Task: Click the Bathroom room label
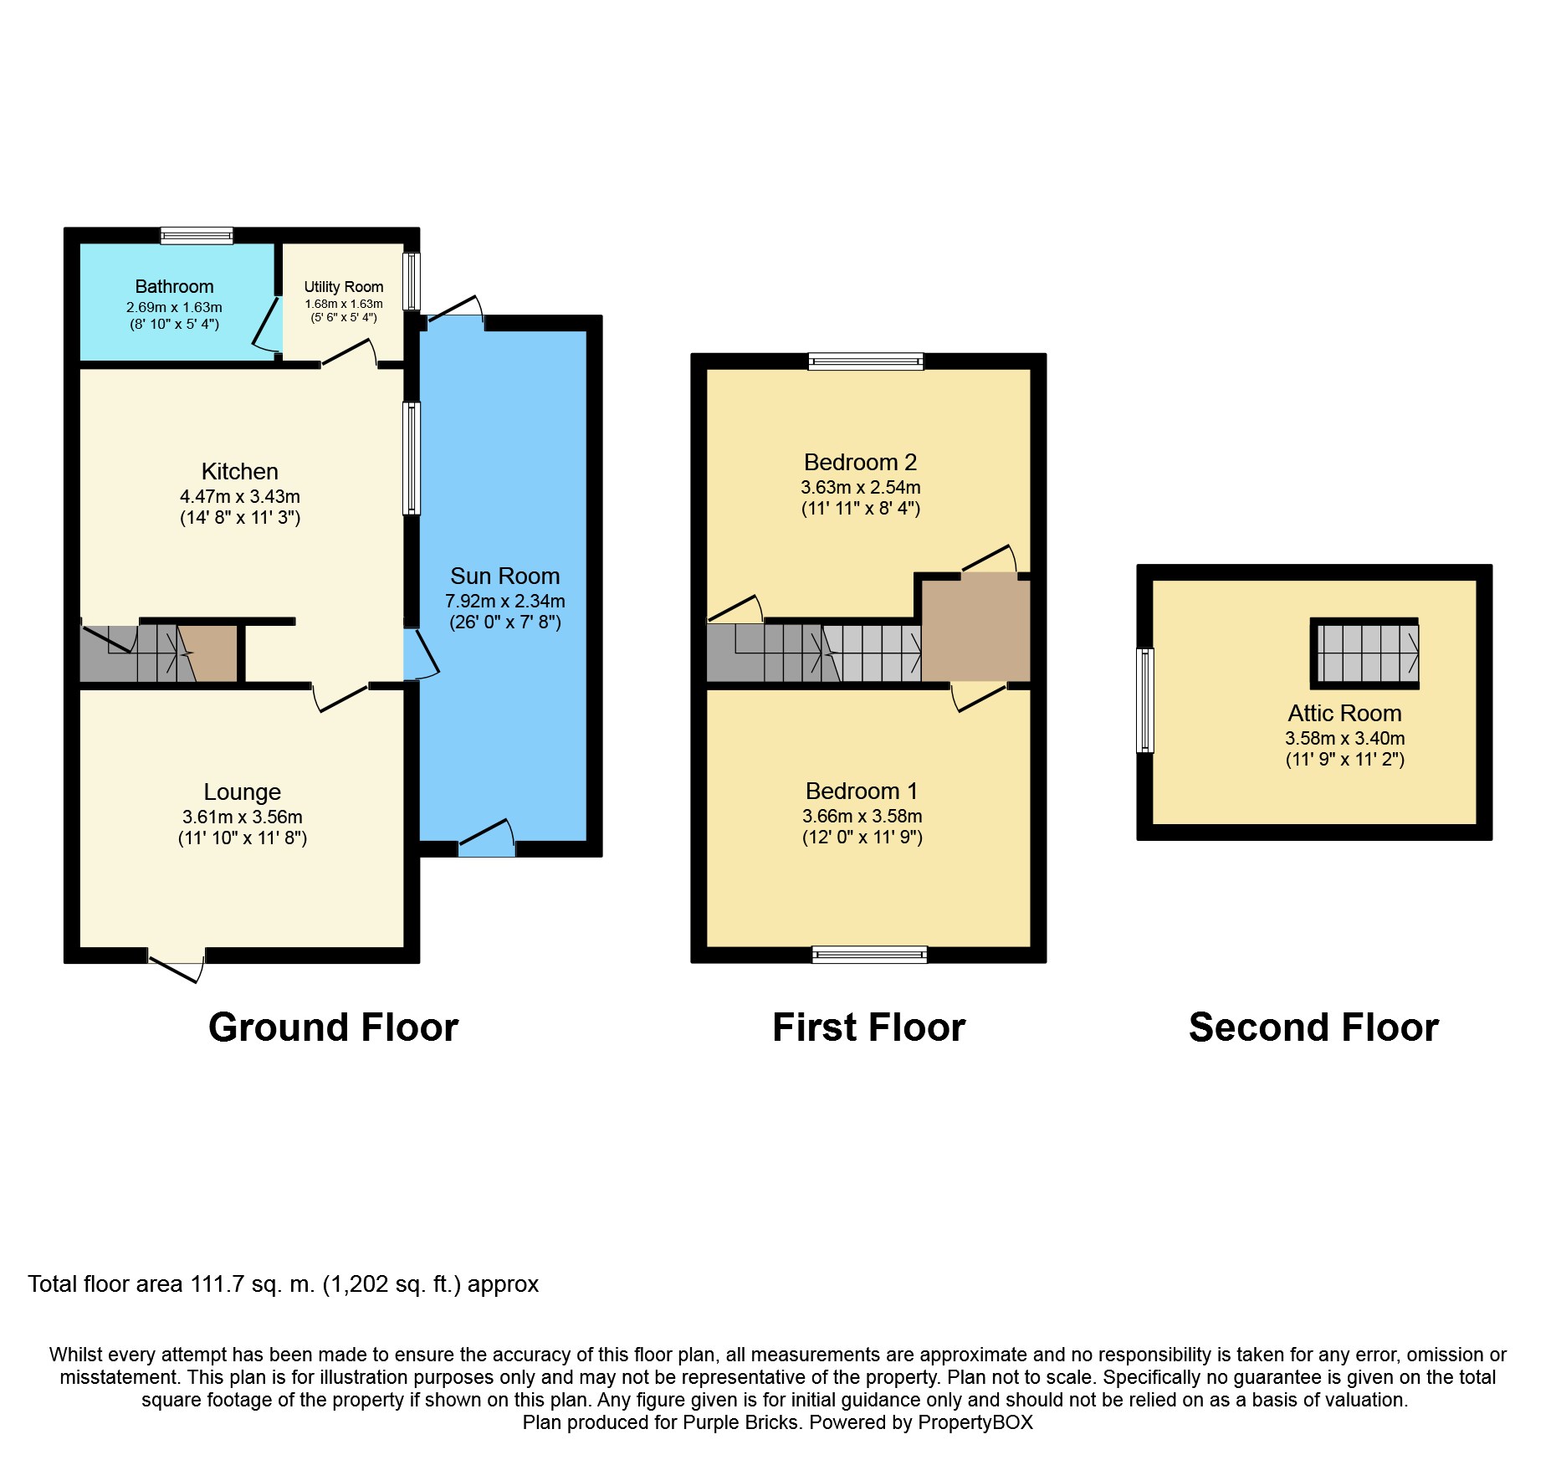[174, 287]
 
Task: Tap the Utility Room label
[344, 287]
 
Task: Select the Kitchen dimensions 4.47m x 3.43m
[240, 496]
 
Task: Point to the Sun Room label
[504, 576]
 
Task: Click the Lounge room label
[243, 791]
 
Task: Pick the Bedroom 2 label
[861, 462]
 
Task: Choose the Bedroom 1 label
[862, 791]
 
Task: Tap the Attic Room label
[1344, 713]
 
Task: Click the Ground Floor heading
[334, 1027]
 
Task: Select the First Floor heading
[869, 1027]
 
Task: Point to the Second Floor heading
[1313, 1027]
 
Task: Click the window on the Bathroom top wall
[197, 236]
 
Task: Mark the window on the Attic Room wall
[1145, 700]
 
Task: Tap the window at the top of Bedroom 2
[866, 361]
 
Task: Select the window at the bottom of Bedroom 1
[870, 955]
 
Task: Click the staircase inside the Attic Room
[1364, 653]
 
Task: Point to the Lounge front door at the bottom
[177, 965]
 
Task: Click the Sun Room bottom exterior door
[487, 838]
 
